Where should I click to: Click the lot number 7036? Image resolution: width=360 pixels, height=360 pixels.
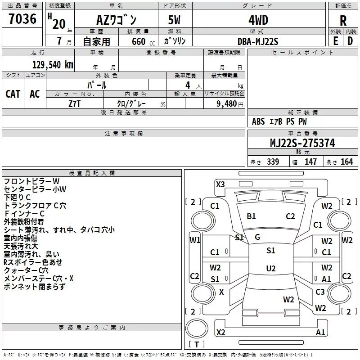(x=22, y=19)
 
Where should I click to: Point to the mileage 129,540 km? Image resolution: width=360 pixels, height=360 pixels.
(x=53, y=64)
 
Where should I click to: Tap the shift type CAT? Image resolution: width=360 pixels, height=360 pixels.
(x=13, y=94)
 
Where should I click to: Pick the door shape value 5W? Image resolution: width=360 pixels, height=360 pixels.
(x=175, y=20)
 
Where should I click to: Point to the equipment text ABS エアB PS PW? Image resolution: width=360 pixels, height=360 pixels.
(x=279, y=121)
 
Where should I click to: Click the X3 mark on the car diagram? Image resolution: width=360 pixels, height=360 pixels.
(x=220, y=184)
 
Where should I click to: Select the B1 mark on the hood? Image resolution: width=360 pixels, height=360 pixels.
(x=251, y=216)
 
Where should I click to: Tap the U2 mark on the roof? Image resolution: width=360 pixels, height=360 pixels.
(x=270, y=269)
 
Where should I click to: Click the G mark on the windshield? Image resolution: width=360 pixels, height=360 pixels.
(x=257, y=237)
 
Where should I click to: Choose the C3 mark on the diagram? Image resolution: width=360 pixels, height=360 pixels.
(x=320, y=292)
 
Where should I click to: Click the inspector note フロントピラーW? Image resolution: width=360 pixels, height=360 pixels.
(x=31, y=181)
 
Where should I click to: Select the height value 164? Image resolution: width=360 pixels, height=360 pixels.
(x=347, y=162)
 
